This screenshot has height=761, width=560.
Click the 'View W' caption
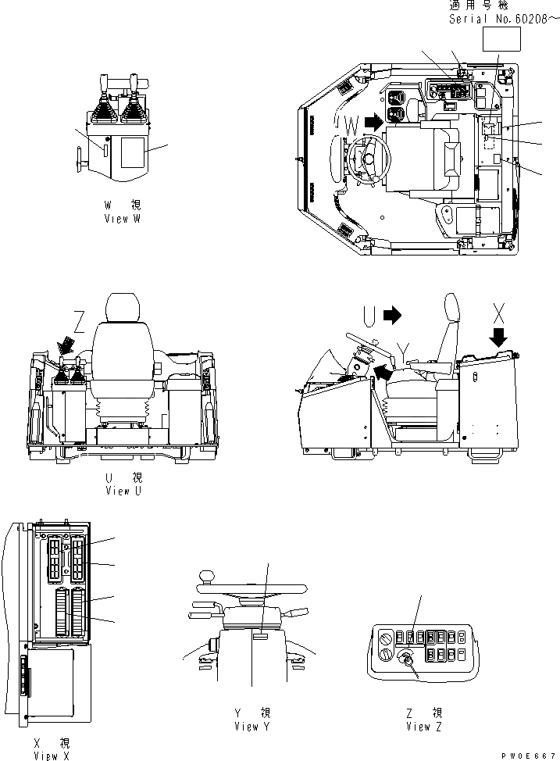[123, 219]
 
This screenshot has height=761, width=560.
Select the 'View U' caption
[123, 491]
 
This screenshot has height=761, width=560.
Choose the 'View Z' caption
[424, 726]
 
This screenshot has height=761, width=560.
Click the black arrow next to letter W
[375, 121]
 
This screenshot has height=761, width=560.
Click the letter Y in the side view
[403, 348]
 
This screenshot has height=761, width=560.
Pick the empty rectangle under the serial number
[501, 38]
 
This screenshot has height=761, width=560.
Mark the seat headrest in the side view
[451, 310]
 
